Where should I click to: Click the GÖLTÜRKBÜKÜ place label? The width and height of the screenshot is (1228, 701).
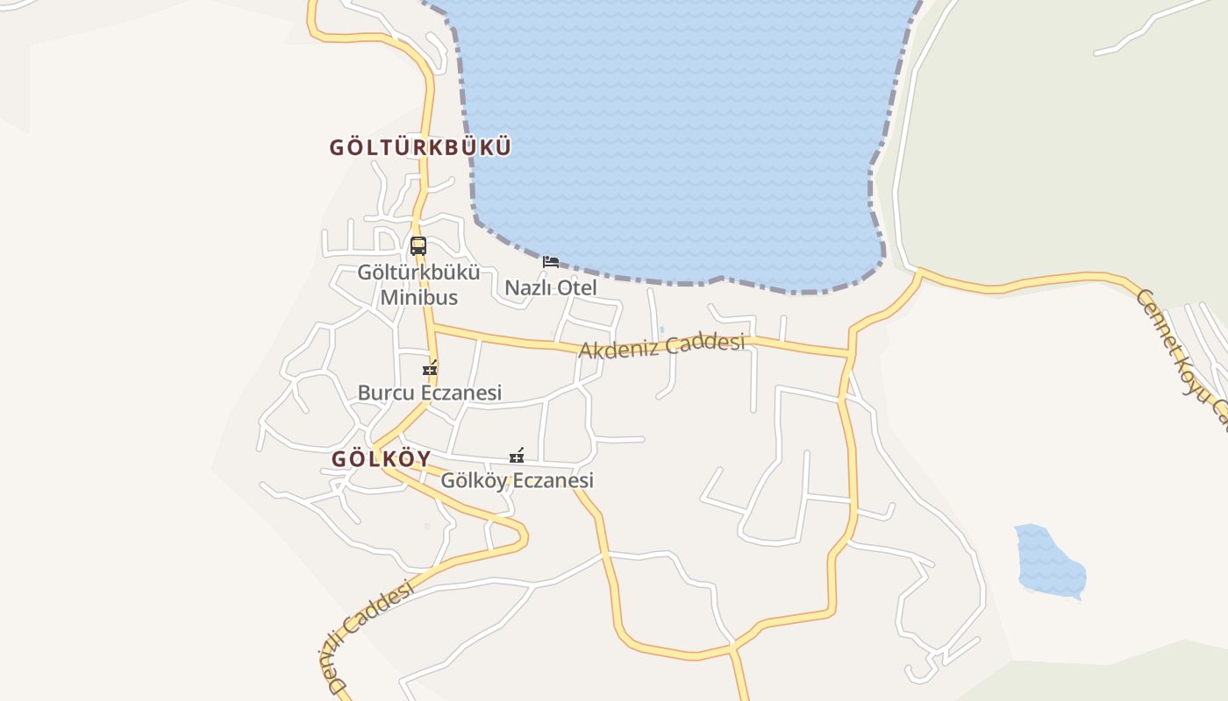[x=419, y=147]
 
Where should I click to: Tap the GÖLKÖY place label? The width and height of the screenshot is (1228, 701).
[x=382, y=459]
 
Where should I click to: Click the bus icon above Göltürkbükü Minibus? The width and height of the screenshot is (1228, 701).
[x=418, y=246]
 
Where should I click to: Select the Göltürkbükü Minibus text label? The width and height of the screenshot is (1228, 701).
[x=418, y=285]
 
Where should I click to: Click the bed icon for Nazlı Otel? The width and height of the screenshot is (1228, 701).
[x=551, y=261]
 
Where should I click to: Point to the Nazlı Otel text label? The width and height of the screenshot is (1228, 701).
[x=551, y=287]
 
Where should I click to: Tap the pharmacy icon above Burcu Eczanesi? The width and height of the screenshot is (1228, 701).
[x=430, y=369]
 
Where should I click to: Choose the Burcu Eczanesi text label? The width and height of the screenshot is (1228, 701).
[x=430, y=393]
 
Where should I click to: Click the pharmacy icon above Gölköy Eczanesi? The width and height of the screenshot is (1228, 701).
[x=517, y=456]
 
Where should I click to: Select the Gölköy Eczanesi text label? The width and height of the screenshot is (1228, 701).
[x=517, y=480]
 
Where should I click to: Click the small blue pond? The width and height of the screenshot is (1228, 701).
[x=1048, y=561]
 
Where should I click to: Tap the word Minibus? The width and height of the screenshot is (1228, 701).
[x=418, y=297]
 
